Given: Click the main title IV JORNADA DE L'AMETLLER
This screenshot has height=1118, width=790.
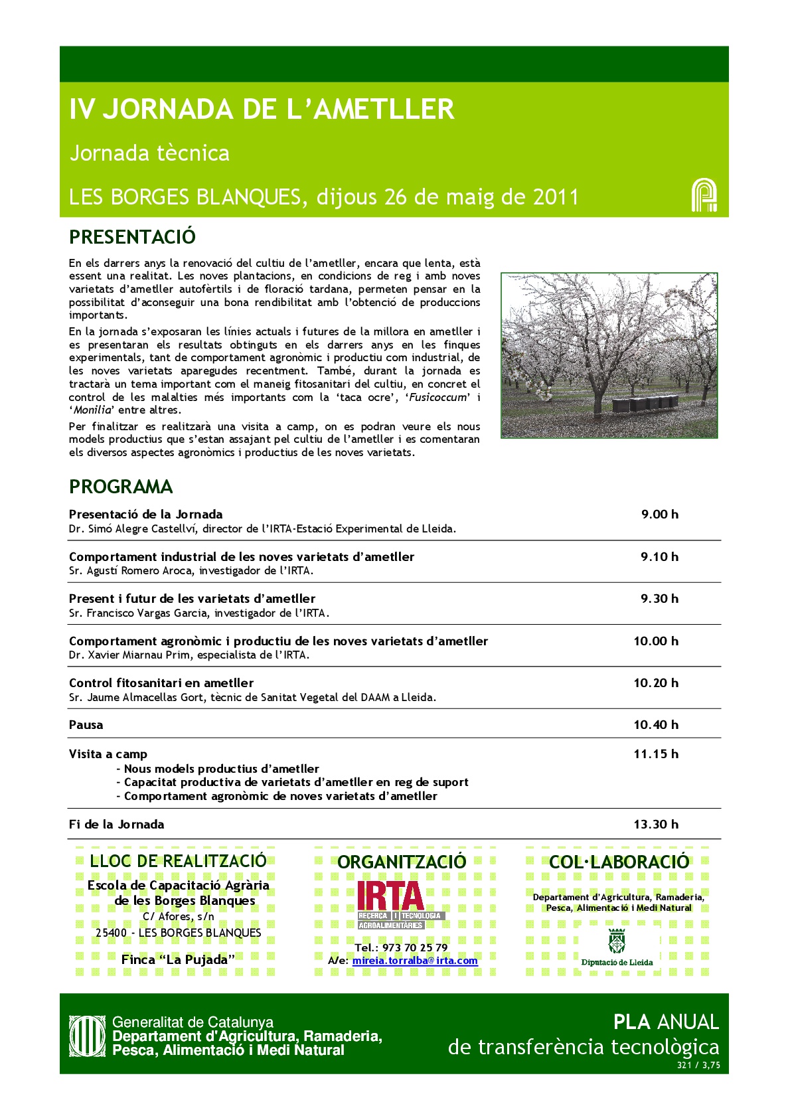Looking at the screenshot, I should point(262,110).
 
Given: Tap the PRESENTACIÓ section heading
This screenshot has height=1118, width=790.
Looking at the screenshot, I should point(132,237).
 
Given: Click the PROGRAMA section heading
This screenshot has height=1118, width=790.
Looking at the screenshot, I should point(120,487).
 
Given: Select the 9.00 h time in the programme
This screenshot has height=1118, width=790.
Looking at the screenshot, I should point(659,515).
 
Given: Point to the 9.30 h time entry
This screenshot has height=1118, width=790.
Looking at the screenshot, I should point(659,599).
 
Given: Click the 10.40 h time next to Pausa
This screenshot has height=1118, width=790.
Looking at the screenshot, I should point(656,725).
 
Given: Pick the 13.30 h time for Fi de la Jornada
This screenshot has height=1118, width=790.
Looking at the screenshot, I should point(656,825).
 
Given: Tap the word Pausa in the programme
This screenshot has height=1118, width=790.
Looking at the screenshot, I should point(86,725).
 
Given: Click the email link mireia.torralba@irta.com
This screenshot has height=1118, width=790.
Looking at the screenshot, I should point(415,961).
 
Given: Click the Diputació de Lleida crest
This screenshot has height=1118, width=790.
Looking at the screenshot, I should point(617,941).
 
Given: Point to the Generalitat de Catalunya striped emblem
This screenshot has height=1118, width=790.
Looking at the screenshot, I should point(88,1036).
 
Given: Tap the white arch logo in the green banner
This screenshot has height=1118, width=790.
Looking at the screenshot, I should point(704,195).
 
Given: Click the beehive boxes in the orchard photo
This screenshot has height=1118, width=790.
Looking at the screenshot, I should point(644,402).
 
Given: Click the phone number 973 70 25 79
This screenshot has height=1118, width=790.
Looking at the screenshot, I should point(415,947).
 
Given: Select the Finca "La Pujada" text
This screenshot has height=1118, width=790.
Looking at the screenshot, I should point(178,959).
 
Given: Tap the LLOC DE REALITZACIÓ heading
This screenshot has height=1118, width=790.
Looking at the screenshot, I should point(178,861).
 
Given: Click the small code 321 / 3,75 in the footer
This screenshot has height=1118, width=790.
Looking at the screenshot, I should point(698,1066).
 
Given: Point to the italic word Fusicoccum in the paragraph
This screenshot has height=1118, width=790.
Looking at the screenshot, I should point(438,398).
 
